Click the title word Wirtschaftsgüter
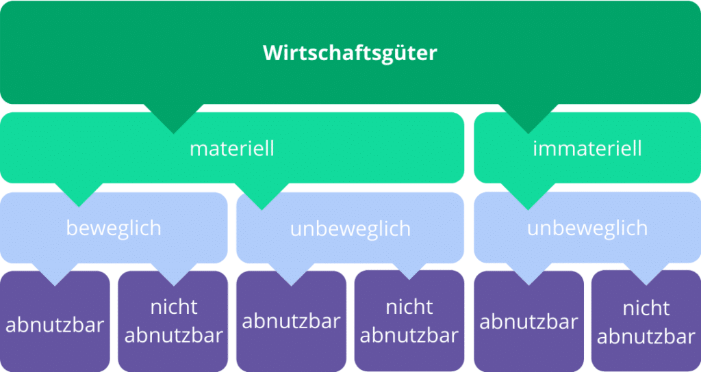point(350,53)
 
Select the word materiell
point(232,148)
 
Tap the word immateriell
point(587,148)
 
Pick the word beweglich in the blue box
point(114,228)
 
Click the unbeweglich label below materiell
point(350,228)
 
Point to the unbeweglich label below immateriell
point(587,228)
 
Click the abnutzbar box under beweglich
point(55,321)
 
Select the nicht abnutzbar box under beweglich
point(173,321)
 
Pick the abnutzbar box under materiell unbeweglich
point(292,321)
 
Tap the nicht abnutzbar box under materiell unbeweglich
point(409,321)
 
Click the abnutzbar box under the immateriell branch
point(529,321)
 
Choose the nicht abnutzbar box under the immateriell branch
point(646,321)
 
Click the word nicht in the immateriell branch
point(646,308)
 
